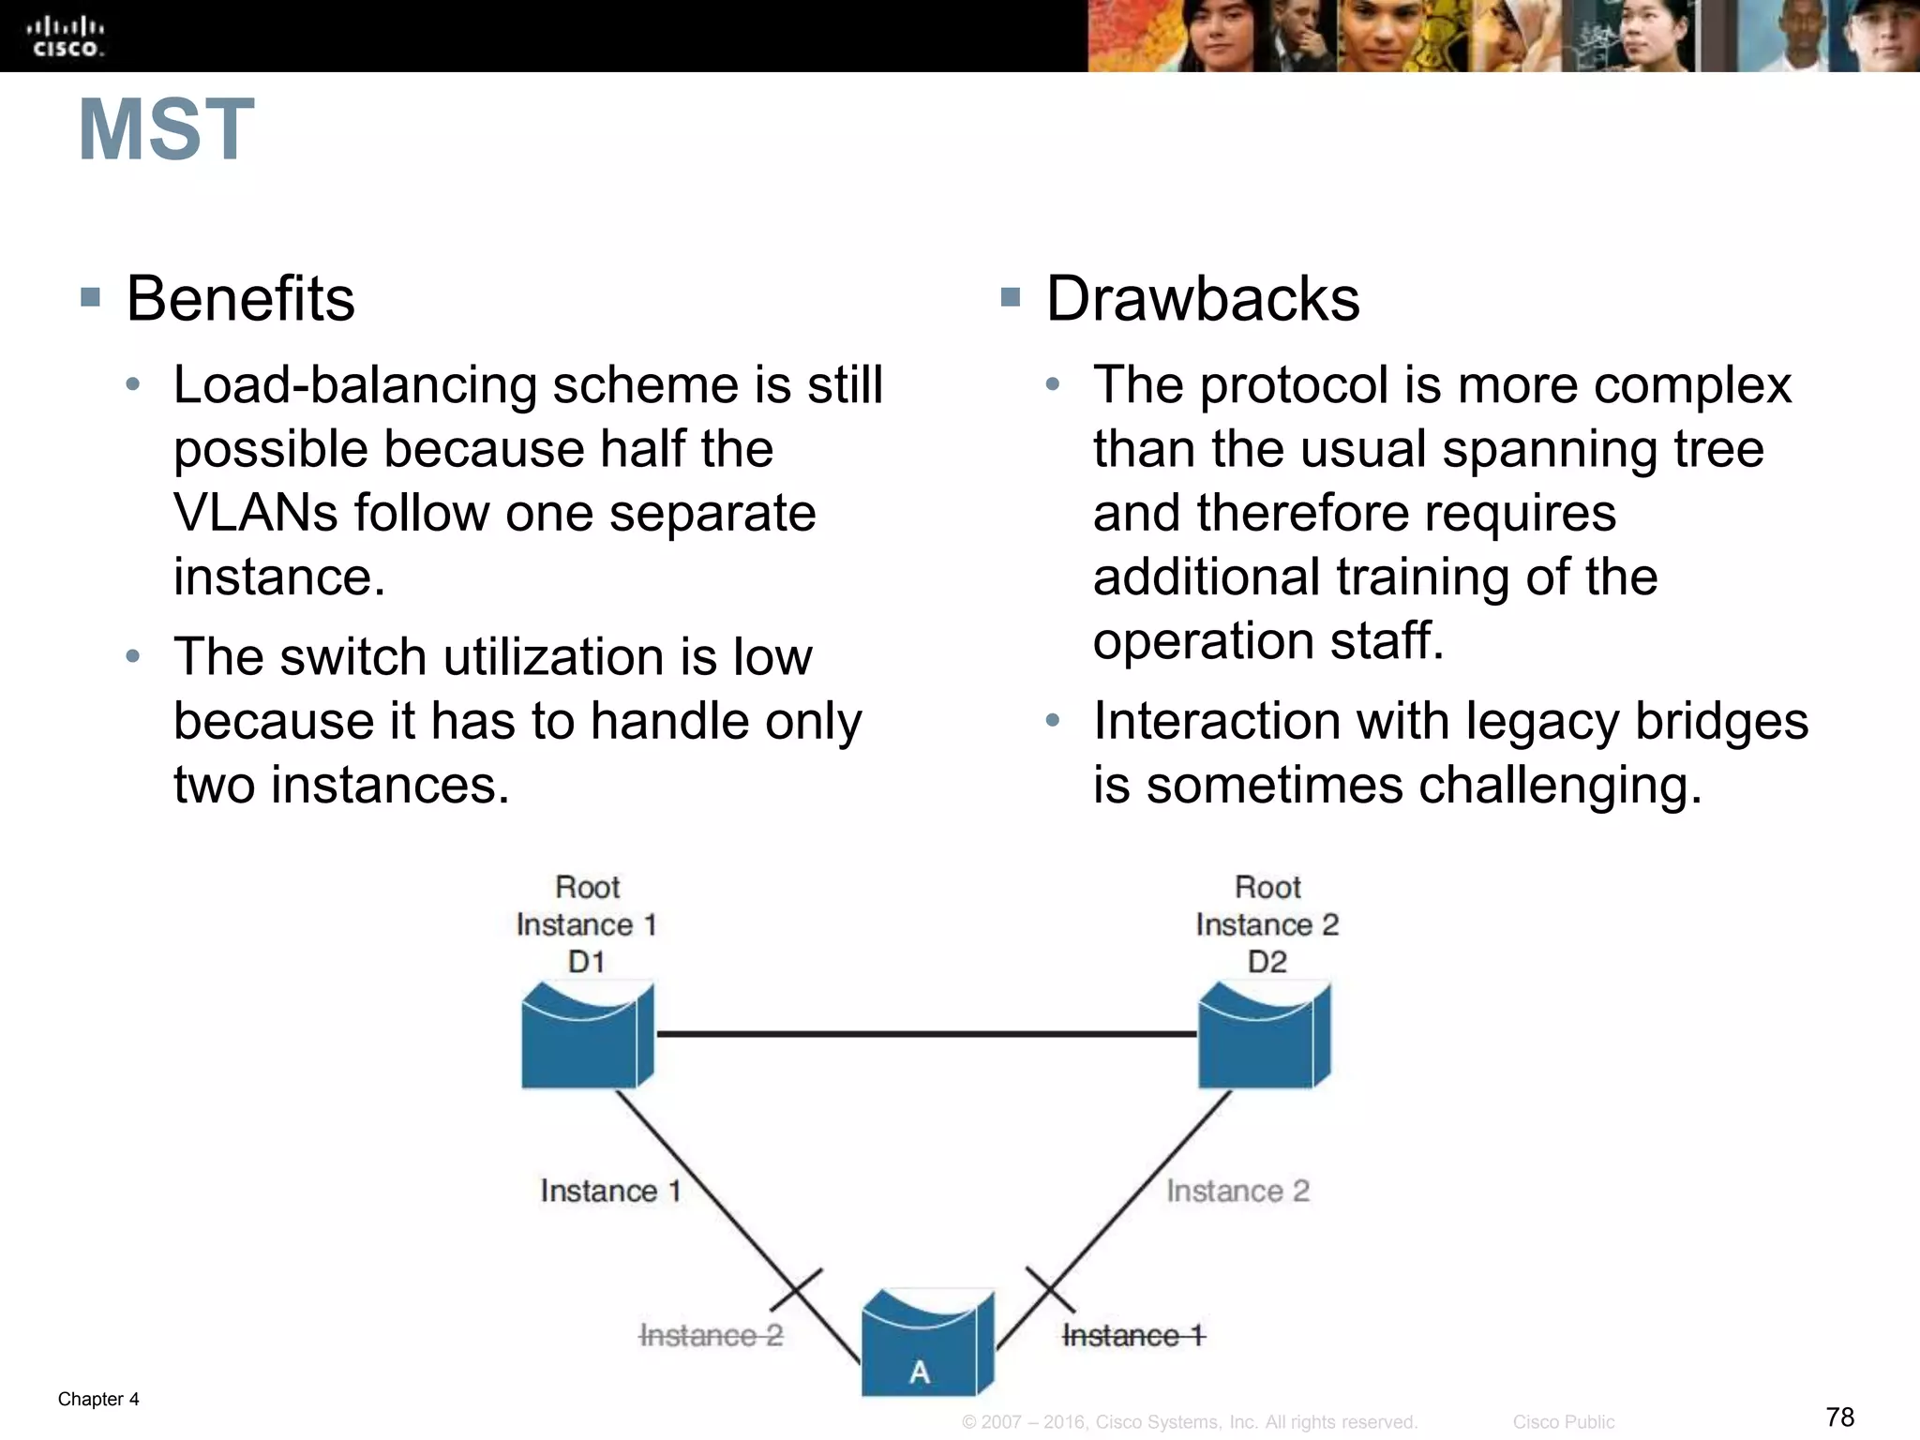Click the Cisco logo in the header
click(65, 37)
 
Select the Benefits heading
click(240, 299)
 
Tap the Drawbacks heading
click(1202, 299)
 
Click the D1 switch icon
click(586, 1035)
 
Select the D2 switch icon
click(1264, 1035)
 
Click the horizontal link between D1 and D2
click(926, 1034)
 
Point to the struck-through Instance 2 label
click(711, 1335)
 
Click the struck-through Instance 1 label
click(1133, 1335)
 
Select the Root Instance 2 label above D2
click(1267, 923)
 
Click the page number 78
click(1839, 1417)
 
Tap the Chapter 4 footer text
click(98, 1399)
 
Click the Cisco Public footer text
click(1563, 1422)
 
